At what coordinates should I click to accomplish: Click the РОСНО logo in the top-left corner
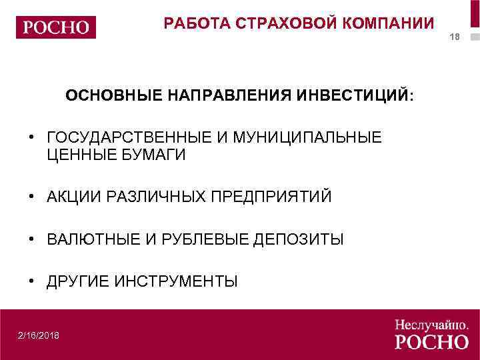point(56,27)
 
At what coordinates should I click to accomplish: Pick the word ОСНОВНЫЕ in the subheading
point(113,96)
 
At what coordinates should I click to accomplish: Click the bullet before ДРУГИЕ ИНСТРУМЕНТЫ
point(32,281)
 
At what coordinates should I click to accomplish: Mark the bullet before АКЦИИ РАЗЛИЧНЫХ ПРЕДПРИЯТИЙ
point(32,197)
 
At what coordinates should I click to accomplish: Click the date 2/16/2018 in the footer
point(39,335)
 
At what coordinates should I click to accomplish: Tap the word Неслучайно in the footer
point(429,325)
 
